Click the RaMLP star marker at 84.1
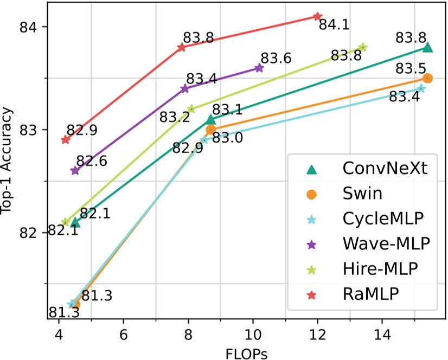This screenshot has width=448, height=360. coord(318,16)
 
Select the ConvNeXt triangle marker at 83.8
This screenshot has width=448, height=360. coord(427,48)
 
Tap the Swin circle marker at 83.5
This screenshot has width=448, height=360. coord(427,78)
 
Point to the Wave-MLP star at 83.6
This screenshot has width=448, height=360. coord(259,68)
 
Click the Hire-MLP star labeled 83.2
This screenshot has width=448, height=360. coord(191,108)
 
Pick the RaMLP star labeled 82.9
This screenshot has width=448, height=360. coord(66,139)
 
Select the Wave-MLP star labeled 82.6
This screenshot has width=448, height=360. coord(75,171)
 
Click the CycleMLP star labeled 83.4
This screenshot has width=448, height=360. coord(421,88)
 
